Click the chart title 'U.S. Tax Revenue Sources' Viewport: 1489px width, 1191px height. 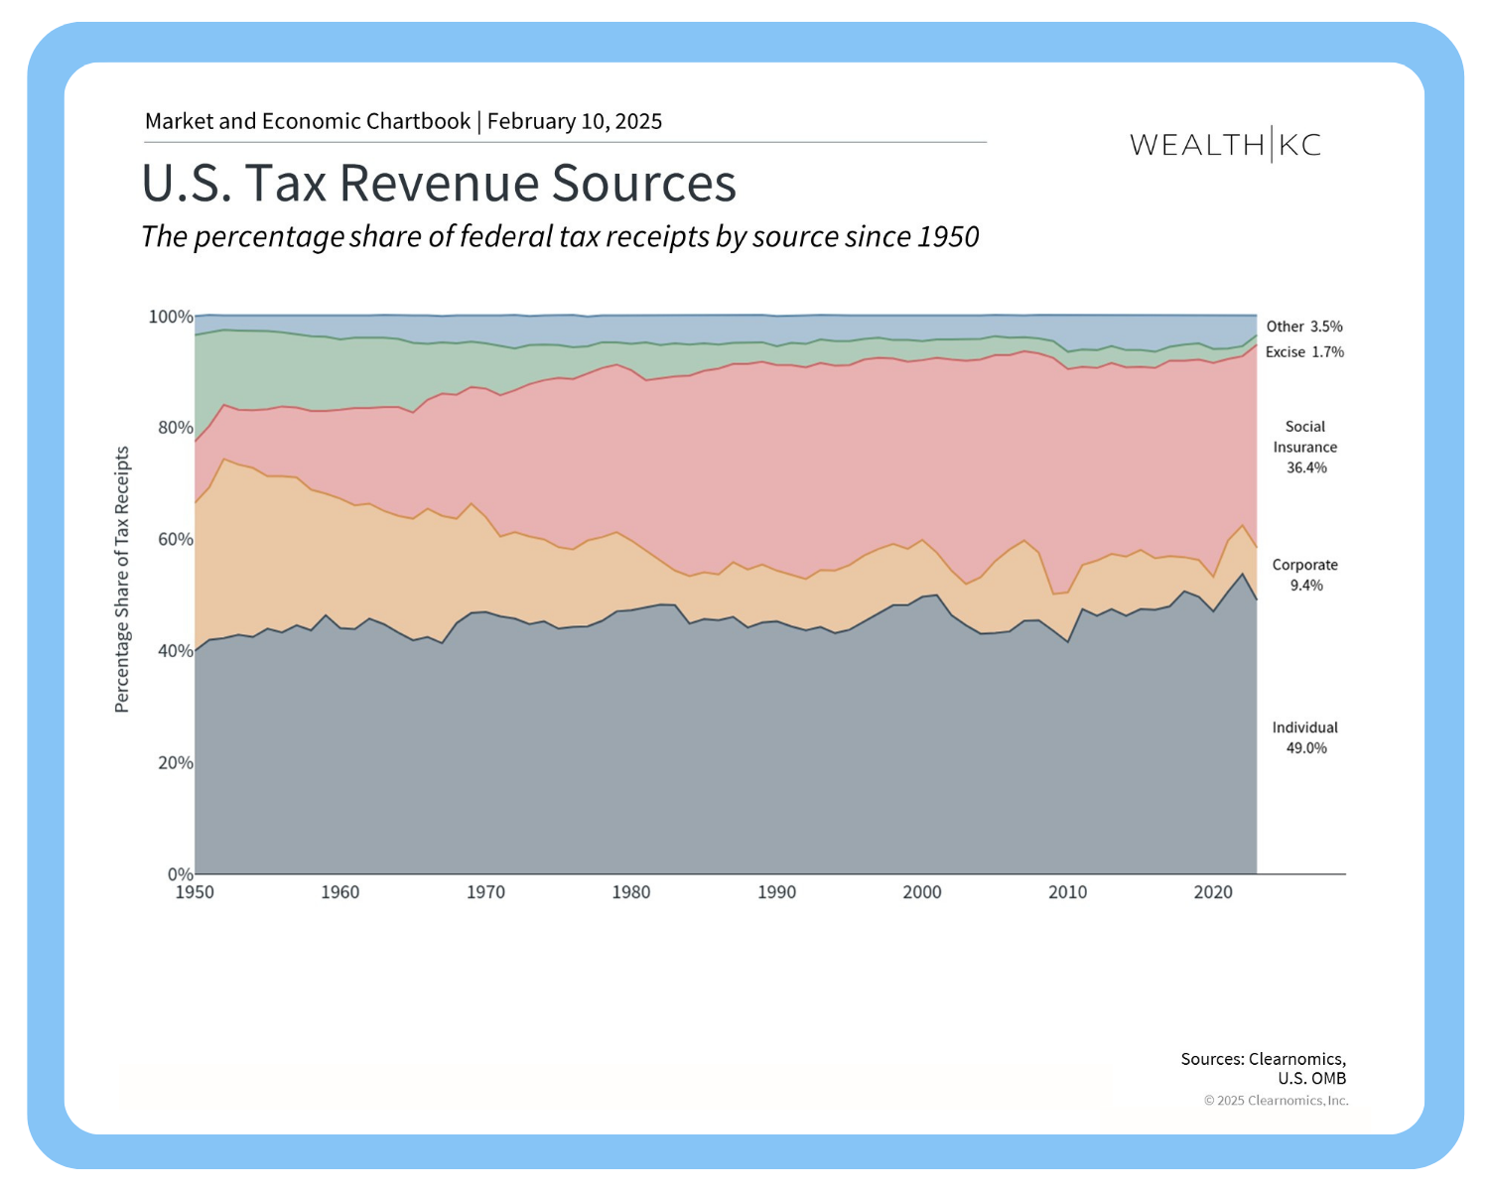pyautogui.click(x=439, y=184)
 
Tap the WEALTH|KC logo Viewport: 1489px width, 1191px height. pyautogui.click(x=1225, y=145)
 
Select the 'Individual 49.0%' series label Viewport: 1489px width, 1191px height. pyautogui.click(x=1305, y=737)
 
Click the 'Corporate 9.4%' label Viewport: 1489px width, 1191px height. pyautogui.click(x=1305, y=575)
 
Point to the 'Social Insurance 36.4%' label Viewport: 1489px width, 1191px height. pyautogui.click(x=1305, y=447)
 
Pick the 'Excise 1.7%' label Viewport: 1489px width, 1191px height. pyautogui.click(x=1304, y=352)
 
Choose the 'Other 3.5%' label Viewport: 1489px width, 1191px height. pyautogui.click(x=1304, y=327)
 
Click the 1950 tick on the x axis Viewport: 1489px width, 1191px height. pyautogui.click(x=195, y=892)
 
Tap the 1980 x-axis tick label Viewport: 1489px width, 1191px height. pyautogui.click(x=631, y=892)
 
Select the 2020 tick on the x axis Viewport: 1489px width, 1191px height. pyautogui.click(x=1213, y=892)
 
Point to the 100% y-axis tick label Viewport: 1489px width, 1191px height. pyautogui.click(x=171, y=317)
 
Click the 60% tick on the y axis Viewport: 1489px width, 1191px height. pyautogui.click(x=175, y=540)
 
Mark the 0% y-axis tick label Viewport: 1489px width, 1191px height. pyautogui.click(x=180, y=874)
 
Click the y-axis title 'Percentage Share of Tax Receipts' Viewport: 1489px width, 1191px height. pyautogui.click(x=122, y=579)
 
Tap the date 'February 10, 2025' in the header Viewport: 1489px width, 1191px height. pyautogui.click(x=575, y=121)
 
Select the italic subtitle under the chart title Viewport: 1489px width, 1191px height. pyautogui.click(x=560, y=236)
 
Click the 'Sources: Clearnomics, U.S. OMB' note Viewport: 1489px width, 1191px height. pyautogui.click(x=1264, y=1068)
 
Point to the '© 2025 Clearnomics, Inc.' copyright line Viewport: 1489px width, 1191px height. pyautogui.click(x=1276, y=1101)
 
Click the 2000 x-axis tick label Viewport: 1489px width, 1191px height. pyautogui.click(x=922, y=892)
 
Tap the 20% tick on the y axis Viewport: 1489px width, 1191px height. pyautogui.click(x=175, y=763)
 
